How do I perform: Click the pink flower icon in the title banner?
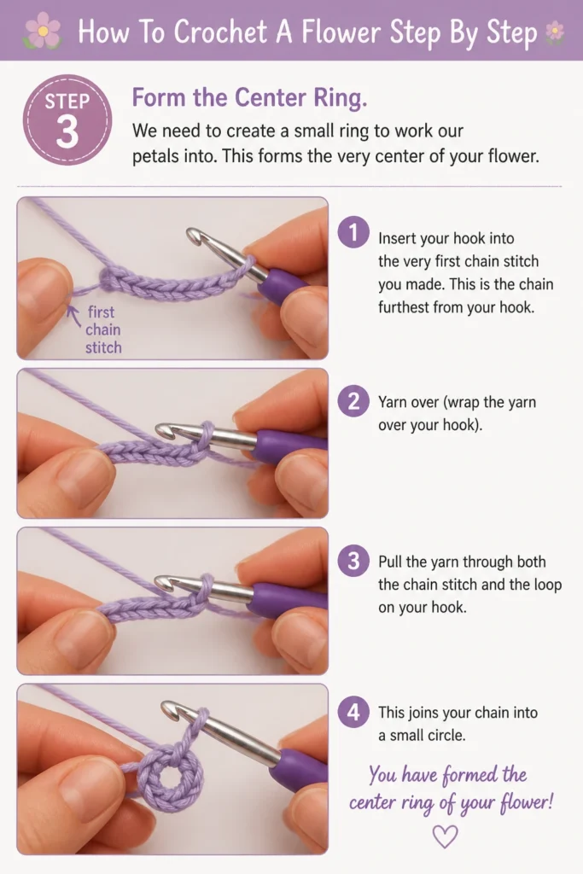tap(43, 30)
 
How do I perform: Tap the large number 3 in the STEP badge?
tap(67, 132)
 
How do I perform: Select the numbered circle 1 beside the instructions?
tap(353, 232)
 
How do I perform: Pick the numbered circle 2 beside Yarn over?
tap(353, 401)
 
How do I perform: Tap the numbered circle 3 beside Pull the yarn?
tap(353, 561)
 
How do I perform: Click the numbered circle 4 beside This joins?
tap(353, 712)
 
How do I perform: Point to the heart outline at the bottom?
tap(445, 836)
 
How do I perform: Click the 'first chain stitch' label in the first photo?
tap(103, 329)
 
